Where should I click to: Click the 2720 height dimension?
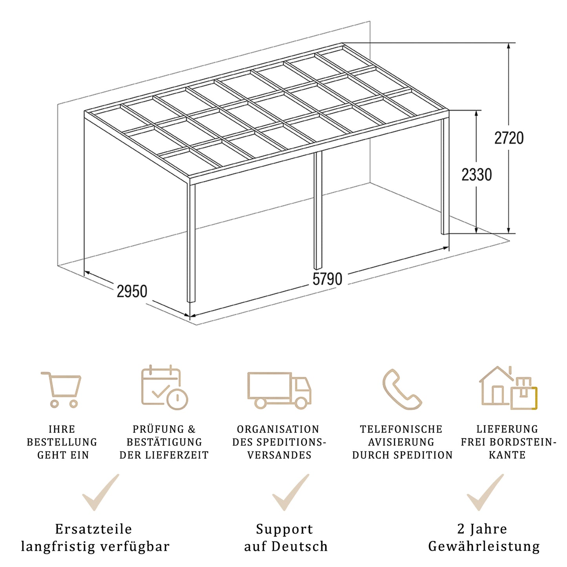tap(509, 138)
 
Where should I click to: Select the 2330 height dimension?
tap(476, 175)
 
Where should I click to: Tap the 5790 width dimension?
tap(327, 279)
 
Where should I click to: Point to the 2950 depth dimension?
tap(132, 292)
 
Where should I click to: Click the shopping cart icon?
tap(62, 388)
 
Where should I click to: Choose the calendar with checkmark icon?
tap(164, 388)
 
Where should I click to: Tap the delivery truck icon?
tap(279, 390)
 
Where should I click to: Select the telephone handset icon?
tap(401, 389)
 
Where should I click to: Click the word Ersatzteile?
tap(93, 529)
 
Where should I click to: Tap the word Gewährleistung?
tap(484, 546)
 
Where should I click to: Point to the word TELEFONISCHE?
tap(401, 429)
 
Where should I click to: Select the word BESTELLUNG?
tap(62, 442)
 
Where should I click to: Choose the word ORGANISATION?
tap(278, 429)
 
